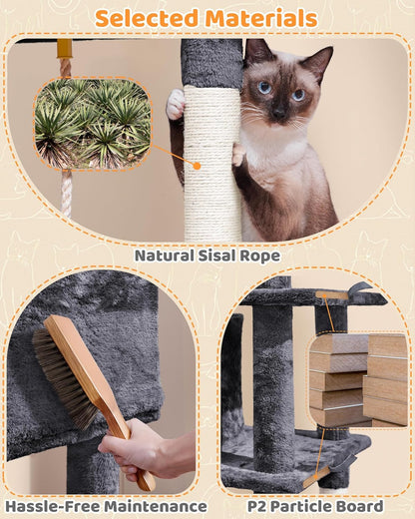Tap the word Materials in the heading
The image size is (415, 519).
(x=261, y=18)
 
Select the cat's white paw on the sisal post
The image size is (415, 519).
(x=176, y=104)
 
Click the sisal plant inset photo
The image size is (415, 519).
(x=92, y=124)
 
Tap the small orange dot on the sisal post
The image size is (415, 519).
(x=197, y=166)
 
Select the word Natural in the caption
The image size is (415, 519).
(x=170, y=256)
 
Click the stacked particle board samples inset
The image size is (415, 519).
(x=356, y=379)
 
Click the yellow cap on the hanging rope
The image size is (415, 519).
(x=65, y=49)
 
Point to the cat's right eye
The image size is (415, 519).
(x=264, y=88)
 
